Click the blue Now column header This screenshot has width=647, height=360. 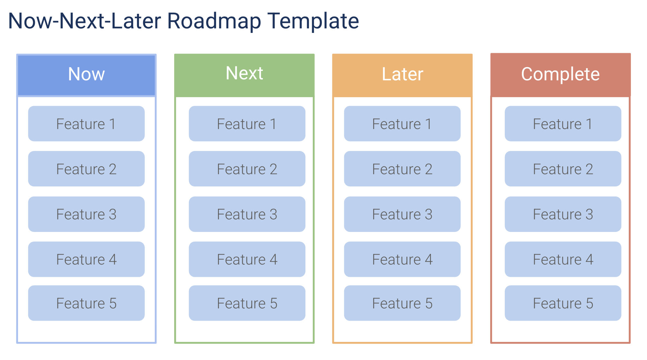(86, 75)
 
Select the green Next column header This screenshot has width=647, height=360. (244, 75)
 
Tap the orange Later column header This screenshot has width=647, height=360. (402, 75)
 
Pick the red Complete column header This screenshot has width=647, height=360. (560, 75)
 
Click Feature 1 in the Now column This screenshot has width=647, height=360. (86, 124)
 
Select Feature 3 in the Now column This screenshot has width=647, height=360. (86, 214)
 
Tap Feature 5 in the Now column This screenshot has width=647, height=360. (86, 303)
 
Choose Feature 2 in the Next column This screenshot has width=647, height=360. (247, 169)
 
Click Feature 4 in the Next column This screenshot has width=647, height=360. (247, 259)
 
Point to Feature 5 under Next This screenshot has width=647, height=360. (247, 303)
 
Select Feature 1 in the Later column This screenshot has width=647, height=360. (402, 124)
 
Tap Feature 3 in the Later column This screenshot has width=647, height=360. (402, 214)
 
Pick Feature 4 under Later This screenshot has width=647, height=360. (402, 259)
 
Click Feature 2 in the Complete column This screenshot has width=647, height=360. (563, 169)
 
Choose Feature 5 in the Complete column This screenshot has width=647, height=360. (563, 303)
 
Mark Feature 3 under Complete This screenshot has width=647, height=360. (563, 214)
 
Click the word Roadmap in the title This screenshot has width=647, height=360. (214, 21)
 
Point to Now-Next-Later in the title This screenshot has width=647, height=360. (85, 21)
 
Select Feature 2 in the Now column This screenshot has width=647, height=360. (86, 169)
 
